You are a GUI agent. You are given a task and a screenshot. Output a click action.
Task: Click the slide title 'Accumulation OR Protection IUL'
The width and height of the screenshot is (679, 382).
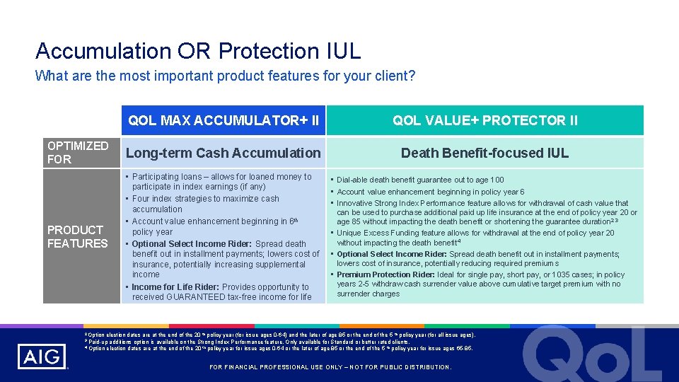click(198, 51)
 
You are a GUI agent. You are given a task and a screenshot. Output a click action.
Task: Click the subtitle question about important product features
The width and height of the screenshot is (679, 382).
click(225, 76)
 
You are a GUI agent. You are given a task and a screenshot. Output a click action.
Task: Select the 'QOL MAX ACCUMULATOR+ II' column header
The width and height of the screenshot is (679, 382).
click(224, 120)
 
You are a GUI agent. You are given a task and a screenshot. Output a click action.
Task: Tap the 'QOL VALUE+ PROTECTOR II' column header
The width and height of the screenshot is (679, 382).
click(485, 120)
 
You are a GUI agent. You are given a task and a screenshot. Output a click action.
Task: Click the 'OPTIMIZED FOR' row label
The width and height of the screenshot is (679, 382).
click(78, 152)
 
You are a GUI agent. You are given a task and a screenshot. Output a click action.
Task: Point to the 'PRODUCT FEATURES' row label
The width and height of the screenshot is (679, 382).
click(77, 236)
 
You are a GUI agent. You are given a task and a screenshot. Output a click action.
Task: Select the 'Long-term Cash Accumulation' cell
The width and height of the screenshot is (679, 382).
click(223, 153)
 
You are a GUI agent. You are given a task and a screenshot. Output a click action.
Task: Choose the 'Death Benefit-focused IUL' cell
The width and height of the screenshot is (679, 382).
click(484, 153)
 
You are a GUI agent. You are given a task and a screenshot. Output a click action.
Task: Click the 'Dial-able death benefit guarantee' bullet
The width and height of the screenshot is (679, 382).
click(420, 180)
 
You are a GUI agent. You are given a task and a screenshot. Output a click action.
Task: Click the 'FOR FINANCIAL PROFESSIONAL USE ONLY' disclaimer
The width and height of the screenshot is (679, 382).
click(331, 367)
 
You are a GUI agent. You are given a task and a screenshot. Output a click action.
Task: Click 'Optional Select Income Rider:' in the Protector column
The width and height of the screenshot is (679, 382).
click(392, 254)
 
